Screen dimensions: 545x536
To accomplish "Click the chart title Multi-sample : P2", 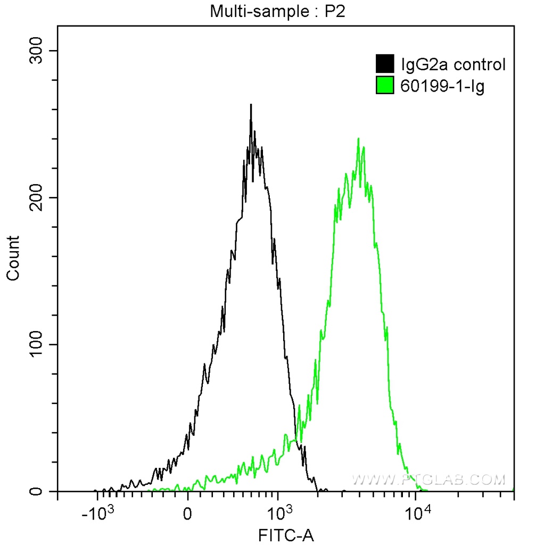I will point(277,12).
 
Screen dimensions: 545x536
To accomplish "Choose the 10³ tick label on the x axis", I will point(278,515).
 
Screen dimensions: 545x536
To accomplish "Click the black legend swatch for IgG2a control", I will point(385,64).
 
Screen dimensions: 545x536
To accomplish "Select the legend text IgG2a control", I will point(452,65).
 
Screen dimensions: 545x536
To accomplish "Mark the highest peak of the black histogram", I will point(251,105).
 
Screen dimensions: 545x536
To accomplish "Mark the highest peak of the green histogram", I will point(358,139).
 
